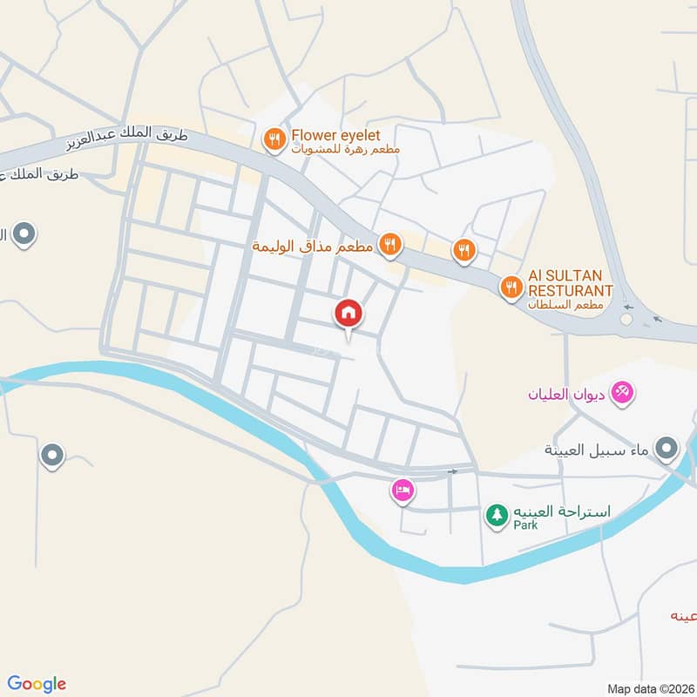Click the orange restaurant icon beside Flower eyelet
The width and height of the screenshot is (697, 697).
274,139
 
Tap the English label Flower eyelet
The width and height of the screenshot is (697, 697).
332,135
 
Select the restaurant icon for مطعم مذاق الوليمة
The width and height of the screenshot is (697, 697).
389,245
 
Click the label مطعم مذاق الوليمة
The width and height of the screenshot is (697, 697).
313,247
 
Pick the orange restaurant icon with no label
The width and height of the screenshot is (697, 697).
464,251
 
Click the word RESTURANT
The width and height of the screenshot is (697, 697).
571,290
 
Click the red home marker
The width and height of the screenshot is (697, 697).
348,313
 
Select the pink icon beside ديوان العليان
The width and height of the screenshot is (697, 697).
622,393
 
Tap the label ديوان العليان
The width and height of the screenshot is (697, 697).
566,395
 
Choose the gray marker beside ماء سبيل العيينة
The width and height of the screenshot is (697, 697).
667,449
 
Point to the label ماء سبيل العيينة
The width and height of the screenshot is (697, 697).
597,450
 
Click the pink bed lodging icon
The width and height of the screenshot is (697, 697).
402,491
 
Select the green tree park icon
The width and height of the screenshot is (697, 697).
497,514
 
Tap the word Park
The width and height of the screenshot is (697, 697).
525,525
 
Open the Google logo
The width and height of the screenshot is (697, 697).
37,684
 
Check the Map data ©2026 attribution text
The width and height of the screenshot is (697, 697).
649,688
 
